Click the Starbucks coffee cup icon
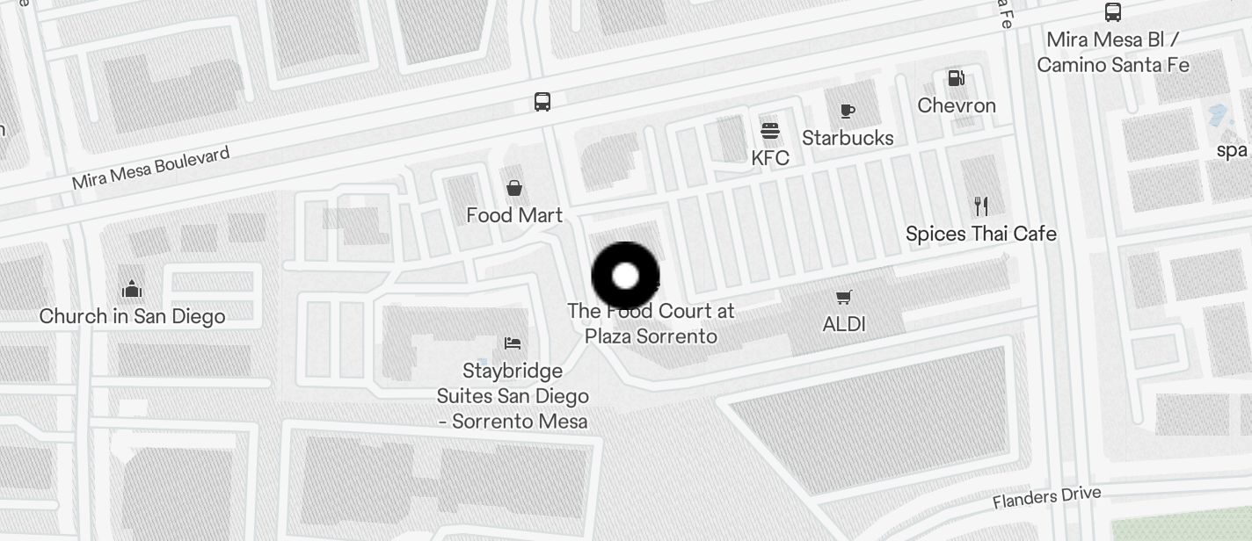tap(847, 111)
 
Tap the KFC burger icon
tap(770, 132)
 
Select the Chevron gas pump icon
tap(956, 79)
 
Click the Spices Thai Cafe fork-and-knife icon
tap(981, 206)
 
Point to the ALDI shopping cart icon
tap(844, 298)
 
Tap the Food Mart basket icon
tap(514, 188)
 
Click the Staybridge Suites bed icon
tap(513, 343)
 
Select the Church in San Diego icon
tap(132, 289)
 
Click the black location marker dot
tap(625, 277)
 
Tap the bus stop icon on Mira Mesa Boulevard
tap(542, 102)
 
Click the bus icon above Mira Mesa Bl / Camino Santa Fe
tap(1113, 12)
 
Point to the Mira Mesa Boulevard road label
tap(150, 168)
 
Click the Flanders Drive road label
tap(1046, 497)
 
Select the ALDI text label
tap(844, 324)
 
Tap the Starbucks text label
tap(848, 138)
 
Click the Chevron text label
tap(957, 105)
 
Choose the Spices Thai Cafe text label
tap(981, 234)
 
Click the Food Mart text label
tap(514, 215)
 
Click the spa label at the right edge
tap(1233, 150)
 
